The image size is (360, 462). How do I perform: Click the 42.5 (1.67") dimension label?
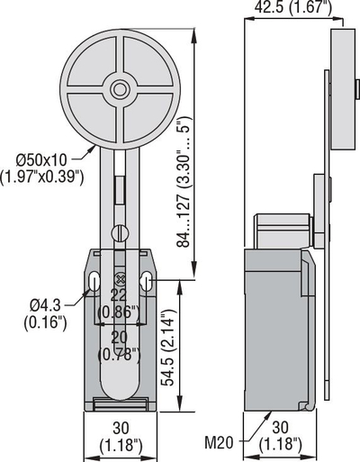pyautogui.click(x=293, y=7)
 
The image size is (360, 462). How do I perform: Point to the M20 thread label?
pyautogui.click(x=219, y=442)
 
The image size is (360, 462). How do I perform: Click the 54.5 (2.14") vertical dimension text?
pyautogui.click(x=167, y=347)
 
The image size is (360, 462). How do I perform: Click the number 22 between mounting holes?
pyautogui.click(x=119, y=295)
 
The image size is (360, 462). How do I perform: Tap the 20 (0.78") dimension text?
pyautogui.click(x=119, y=346)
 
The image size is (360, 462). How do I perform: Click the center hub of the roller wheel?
pyautogui.click(x=120, y=89)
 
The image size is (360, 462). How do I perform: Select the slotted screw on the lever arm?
pyautogui.click(x=120, y=233)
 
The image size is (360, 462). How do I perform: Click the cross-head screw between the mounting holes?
pyautogui.click(x=120, y=279)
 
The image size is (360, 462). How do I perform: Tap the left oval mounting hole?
pyautogui.click(x=94, y=281)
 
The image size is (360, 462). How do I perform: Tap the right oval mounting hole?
pyautogui.click(x=146, y=281)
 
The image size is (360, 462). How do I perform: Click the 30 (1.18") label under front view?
pyautogui.click(x=121, y=436)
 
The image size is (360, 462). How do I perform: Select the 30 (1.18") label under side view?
pyautogui.click(x=280, y=436)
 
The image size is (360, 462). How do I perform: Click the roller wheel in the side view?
pyautogui.click(x=343, y=89)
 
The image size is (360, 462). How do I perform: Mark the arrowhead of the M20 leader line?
pyautogui.click(x=269, y=414)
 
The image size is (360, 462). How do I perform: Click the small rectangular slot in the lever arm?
pyautogui.click(x=120, y=190)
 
